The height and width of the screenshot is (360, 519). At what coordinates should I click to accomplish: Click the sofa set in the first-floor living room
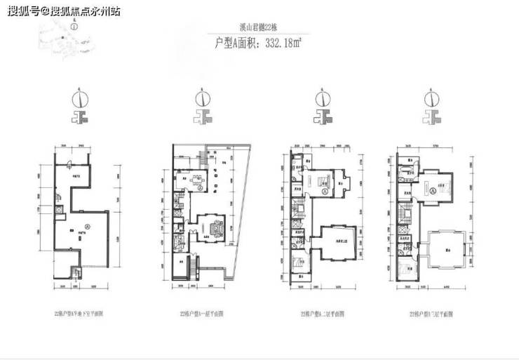coord(215,228)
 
